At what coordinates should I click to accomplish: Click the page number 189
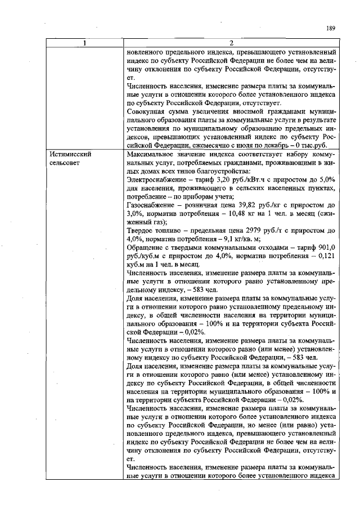coord(331,28)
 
